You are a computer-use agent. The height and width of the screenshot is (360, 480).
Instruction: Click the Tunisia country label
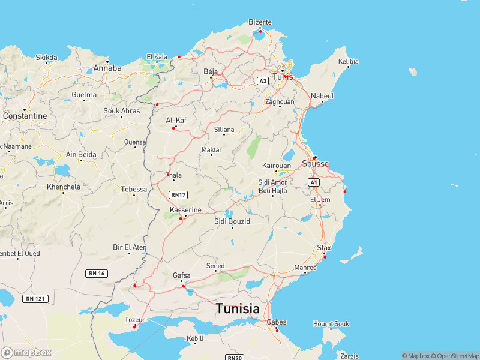click(238, 309)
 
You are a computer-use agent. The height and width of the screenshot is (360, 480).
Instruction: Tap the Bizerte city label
click(260, 22)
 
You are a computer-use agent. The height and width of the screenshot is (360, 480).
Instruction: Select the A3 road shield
click(263, 80)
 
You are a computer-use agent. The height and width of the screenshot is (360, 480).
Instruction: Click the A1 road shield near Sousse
click(313, 181)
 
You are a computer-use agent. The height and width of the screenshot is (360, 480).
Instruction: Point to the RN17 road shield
click(178, 194)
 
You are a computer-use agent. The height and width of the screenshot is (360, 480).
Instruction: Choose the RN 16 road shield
click(97, 273)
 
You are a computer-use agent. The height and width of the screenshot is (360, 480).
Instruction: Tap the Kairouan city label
click(277, 166)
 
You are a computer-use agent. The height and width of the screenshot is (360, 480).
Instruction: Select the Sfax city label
click(324, 247)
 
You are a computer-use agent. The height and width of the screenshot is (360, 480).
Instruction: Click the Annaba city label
click(107, 68)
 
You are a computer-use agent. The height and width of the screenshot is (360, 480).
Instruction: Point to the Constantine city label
click(25, 115)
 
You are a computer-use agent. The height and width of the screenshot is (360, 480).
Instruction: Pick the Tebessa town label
click(134, 189)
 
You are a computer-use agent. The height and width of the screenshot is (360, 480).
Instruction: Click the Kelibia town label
click(348, 62)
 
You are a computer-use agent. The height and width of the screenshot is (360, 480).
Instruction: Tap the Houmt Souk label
click(331, 324)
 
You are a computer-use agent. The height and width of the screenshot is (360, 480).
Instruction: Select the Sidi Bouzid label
click(232, 221)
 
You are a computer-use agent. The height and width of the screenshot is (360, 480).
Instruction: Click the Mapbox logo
click(26, 353)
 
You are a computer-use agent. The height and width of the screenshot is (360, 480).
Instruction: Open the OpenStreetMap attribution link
click(454, 356)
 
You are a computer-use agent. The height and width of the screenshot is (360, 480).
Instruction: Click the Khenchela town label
click(63, 187)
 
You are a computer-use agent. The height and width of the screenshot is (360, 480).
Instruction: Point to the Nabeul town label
click(322, 96)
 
